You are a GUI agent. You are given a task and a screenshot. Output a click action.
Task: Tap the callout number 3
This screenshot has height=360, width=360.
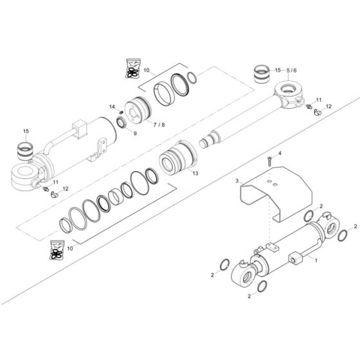click(x=237, y=182)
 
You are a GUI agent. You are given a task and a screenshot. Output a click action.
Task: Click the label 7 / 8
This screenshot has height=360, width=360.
click(x=157, y=125)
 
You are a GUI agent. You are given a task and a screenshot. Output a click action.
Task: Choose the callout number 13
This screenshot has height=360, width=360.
click(x=194, y=174)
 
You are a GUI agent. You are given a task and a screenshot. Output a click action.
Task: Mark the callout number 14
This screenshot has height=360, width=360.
click(x=111, y=107)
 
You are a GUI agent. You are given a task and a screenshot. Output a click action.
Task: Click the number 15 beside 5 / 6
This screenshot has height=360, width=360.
click(x=278, y=70)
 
